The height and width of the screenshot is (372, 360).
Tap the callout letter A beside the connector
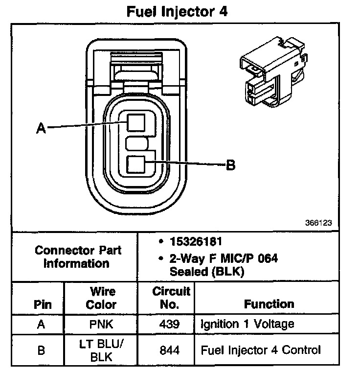pyautogui.click(x=42, y=128)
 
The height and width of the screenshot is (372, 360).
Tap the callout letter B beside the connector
pyautogui.click(x=230, y=165)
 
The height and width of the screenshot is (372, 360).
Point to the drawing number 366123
pyautogui.click(x=318, y=222)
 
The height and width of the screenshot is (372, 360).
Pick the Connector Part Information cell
pyautogui.click(x=72, y=256)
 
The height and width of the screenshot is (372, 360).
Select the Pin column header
pyautogui.click(x=42, y=304)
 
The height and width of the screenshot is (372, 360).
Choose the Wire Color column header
pyautogui.click(x=101, y=298)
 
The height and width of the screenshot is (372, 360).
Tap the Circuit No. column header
pyautogui.click(x=171, y=298)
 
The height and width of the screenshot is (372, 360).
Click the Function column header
pyautogui.click(x=269, y=304)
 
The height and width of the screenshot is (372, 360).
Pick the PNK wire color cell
pyautogui.click(x=101, y=324)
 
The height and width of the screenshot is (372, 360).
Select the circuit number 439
pyautogui.click(x=170, y=324)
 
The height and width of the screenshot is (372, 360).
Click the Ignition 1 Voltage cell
pyautogui.click(x=247, y=324)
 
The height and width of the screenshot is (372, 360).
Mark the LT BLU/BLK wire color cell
pyautogui.click(x=101, y=350)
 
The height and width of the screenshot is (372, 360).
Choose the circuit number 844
pyautogui.click(x=170, y=350)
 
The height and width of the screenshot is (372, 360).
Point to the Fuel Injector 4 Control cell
pyautogui.click(x=261, y=350)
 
